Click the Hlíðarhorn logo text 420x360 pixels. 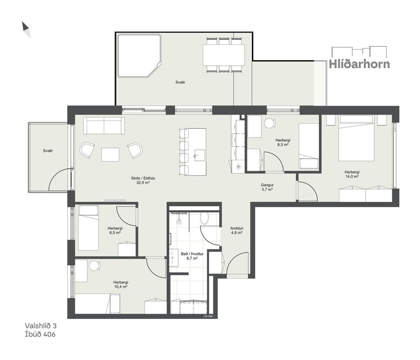[359, 64]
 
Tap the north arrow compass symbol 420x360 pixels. [26, 29]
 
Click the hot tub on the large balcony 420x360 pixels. [139, 56]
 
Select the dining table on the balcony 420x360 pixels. [224, 55]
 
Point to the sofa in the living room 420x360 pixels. [104, 126]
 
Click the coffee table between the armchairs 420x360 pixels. [110, 154]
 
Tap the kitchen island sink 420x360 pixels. [199, 155]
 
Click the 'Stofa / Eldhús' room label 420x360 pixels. [143, 178]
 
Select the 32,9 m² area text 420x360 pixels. [143, 183]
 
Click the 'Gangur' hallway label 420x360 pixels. [267, 185]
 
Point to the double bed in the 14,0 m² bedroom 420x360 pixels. [356, 138]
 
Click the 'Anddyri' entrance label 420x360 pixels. [237, 228]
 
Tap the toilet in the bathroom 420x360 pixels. [205, 218]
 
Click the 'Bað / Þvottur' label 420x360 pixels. [192, 254]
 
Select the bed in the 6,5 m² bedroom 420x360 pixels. [88, 228]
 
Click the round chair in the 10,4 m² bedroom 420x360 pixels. [94, 266]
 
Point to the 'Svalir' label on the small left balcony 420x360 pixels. [48, 151]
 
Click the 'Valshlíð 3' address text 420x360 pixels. [41, 326]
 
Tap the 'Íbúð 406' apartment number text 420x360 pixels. [40, 334]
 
